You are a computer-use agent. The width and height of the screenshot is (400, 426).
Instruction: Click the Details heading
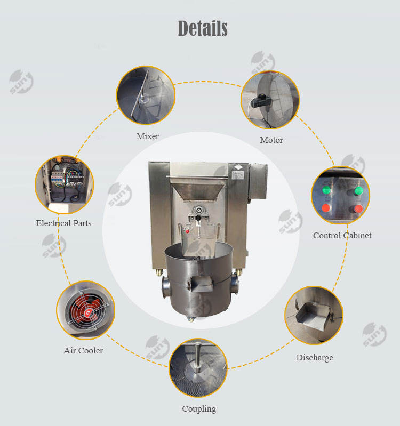coord(203,28)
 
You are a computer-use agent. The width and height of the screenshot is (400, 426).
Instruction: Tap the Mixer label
coord(148,136)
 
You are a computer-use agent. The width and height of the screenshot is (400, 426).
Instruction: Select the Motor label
coord(271,140)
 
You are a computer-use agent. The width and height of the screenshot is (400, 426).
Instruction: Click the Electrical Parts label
coord(63,223)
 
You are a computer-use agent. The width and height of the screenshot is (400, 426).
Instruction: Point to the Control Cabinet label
coord(342,235)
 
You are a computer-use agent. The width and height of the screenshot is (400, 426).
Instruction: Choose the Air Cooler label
coord(83,350)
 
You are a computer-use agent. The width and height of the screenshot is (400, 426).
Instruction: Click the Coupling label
coord(199,409)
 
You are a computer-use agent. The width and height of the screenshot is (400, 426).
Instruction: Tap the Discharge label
coord(315,358)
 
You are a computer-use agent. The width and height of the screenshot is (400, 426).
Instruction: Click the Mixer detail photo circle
coord(146,95)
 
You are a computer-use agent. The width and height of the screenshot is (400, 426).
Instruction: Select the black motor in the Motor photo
coord(261,101)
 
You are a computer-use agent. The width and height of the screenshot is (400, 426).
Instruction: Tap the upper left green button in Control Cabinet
coord(326,190)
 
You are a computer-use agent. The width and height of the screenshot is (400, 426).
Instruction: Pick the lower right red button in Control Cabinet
coord(358,209)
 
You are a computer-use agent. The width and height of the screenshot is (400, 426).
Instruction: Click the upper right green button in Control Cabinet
coord(358,191)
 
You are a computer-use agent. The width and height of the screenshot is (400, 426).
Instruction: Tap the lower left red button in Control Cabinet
coord(326,208)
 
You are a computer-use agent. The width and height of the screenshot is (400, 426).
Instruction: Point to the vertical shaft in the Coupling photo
coord(198,357)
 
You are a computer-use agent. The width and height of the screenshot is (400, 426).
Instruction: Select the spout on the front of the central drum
coord(202,283)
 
